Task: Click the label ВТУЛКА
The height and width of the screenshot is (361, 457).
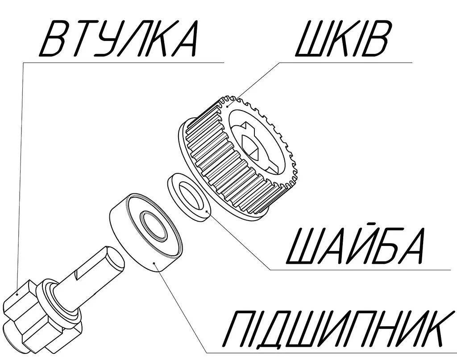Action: pos(118,38)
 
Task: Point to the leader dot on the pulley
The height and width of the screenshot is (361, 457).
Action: pos(227,107)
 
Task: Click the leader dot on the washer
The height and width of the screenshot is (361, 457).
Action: pos(207,211)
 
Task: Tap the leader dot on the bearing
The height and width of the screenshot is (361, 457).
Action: pos(154,263)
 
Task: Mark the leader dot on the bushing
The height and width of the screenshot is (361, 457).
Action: pos(17,294)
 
